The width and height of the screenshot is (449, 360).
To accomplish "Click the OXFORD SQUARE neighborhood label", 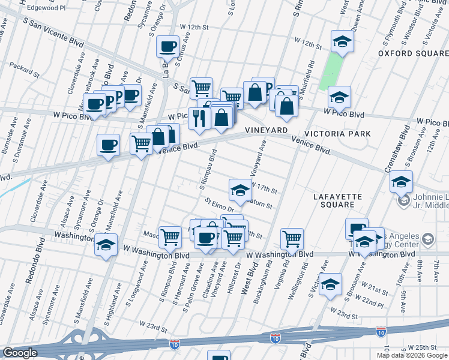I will [x=413, y=53].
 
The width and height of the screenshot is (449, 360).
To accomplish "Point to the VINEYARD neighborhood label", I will [x=267, y=130].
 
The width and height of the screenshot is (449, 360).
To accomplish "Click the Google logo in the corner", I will [x=19, y=353].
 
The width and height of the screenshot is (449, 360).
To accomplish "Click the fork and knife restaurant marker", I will [x=199, y=118].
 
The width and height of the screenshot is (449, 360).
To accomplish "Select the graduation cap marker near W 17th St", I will [x=240, y=190].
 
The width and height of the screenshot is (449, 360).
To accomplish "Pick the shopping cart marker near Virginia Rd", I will [x=292, y=239].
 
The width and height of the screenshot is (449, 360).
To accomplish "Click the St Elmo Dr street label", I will [x=218, y=205].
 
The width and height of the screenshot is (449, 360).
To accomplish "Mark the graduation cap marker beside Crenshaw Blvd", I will [x=401, y=181].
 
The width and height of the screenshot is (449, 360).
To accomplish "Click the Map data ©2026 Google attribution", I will [x=411, y=355].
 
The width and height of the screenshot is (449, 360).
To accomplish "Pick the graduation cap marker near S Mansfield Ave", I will [x=106, y=245].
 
